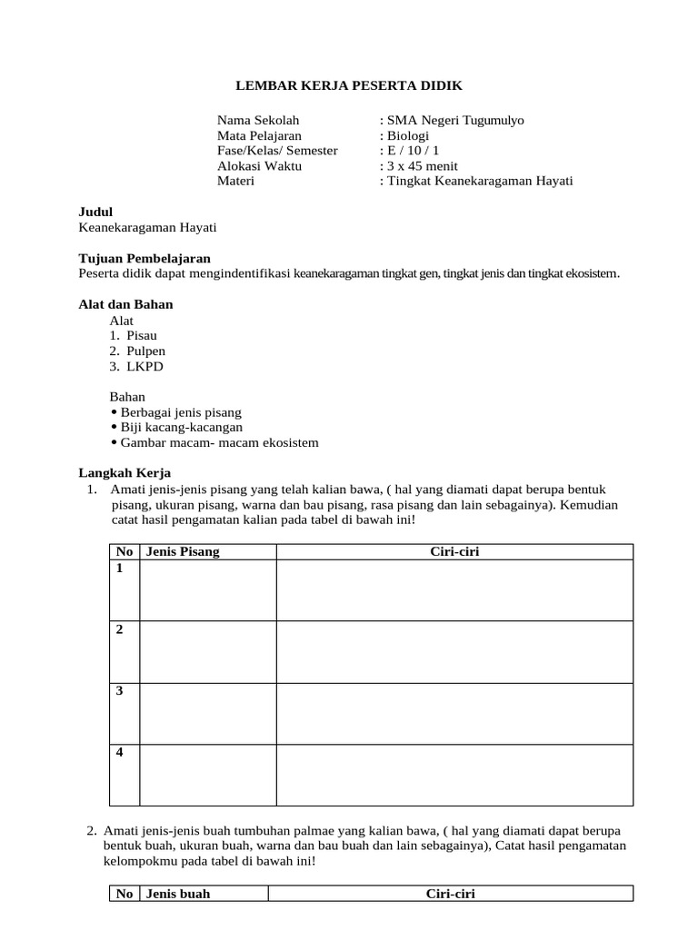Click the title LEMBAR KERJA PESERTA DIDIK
349,85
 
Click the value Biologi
410,135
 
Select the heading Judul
95,212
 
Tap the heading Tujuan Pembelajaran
145,258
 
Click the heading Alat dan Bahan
125,304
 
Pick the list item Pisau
142,335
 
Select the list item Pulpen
145,351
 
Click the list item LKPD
145,366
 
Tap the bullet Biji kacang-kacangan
181,427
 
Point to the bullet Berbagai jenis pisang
181,411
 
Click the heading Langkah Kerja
125,472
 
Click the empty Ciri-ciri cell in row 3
454,713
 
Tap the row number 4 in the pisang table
119,752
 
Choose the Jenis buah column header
178,894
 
